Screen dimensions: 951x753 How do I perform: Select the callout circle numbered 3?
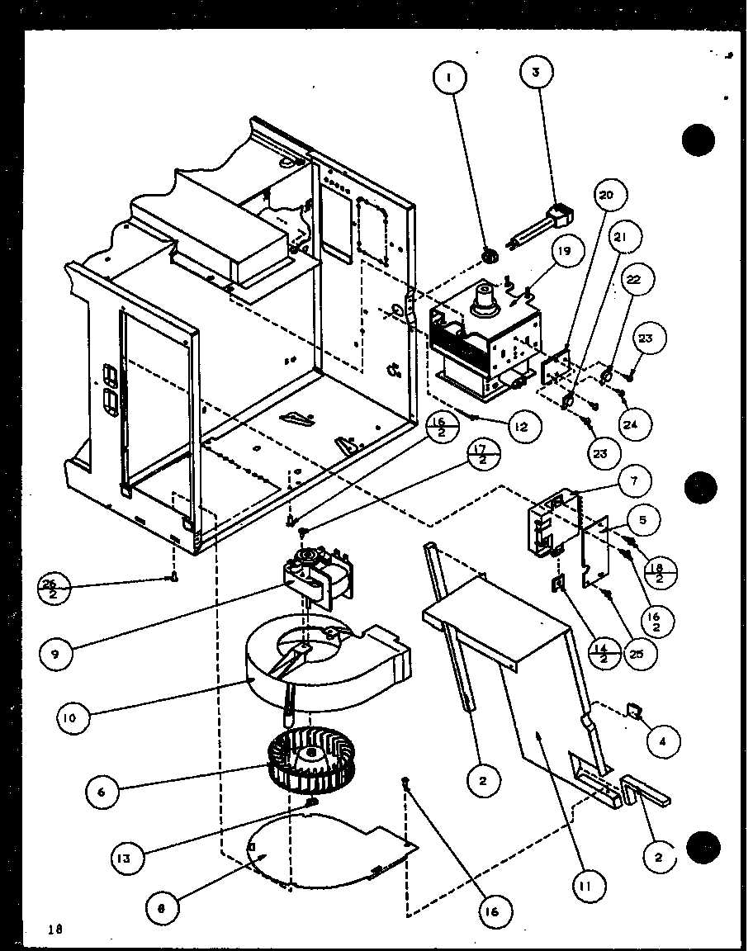point(536,73)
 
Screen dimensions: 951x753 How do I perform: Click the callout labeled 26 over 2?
point(54,589)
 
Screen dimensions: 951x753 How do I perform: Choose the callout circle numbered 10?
point(73,718)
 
